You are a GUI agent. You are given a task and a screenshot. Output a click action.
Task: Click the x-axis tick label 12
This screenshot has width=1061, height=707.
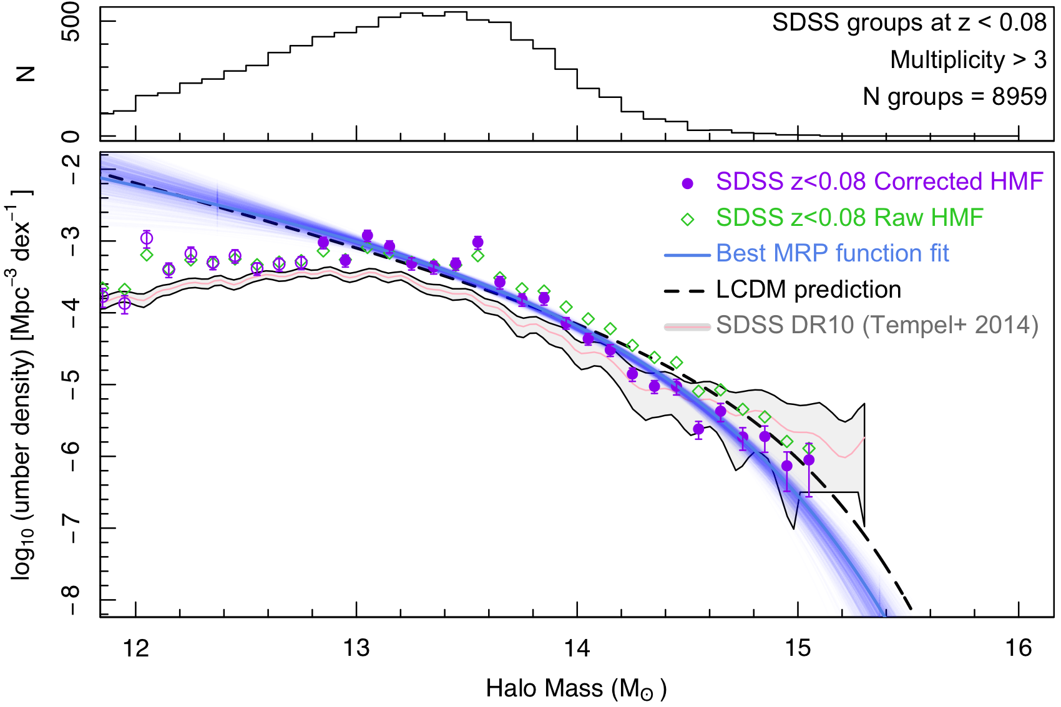coord(136,649)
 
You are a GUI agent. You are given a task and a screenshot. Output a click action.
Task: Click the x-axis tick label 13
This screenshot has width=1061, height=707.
coord(356,649)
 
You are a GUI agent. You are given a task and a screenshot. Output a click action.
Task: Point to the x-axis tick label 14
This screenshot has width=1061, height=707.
coord(577,649)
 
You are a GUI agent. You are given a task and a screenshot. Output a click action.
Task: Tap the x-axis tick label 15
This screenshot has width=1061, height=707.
coord(798,649)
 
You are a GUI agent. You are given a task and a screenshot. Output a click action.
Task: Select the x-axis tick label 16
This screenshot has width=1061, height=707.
coord(1019,649)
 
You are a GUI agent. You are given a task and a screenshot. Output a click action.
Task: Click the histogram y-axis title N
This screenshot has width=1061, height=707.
coord(26,74)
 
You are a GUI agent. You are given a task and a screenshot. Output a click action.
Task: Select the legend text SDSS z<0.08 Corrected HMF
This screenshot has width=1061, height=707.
coord(879,182)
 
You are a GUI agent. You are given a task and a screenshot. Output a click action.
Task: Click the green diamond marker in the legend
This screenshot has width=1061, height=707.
coord(687,219)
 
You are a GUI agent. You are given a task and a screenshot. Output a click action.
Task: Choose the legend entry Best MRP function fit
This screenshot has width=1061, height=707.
coord(833,253)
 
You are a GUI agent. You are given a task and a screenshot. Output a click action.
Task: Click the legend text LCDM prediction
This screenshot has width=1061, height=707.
coord(808,290)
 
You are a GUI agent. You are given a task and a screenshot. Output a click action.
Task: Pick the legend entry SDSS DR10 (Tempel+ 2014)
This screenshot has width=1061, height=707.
coord(877,325)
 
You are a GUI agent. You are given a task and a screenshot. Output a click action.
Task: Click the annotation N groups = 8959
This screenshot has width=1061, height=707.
coord(954,97)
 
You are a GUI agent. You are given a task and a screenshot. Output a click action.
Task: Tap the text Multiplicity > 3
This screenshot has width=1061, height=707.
coord(968,60)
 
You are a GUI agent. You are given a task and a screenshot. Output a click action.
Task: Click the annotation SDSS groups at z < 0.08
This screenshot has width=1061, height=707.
coord(909,23)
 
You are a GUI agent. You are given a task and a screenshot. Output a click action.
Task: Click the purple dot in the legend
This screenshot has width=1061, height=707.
coord(687,183)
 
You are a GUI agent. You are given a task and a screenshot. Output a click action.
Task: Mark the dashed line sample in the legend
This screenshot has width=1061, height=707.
coord(687,291)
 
